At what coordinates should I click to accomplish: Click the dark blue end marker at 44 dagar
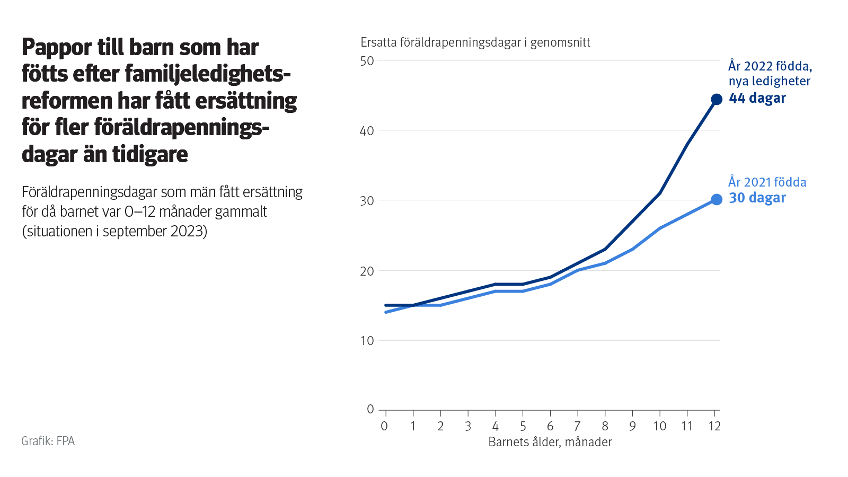(x=717, y=99)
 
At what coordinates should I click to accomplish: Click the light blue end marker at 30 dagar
(x=717, y=199)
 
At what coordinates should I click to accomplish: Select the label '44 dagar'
(x=757, y=98)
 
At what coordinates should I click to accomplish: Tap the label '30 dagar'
(x=757, y=198)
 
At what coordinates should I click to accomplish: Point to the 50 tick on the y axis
(x=367, y=61)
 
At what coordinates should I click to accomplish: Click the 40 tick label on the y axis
(x=367, y=131)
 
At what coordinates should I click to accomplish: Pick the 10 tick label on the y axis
(x=367, y=341)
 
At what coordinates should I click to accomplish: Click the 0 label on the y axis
(x=370, y=409)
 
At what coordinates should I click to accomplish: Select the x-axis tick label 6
(x=550, y=426)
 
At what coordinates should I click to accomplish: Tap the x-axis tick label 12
(x=714, y=426)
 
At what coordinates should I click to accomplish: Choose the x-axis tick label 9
(x=632, y=426)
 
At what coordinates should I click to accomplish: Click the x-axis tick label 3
(x=468, y=426)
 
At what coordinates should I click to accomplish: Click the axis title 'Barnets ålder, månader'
(x=550, y=442)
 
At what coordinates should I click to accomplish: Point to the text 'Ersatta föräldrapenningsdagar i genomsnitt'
(x=475, y=42)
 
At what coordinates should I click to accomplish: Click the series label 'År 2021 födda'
(x=767, y=182)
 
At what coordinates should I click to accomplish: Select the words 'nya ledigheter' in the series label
(x=769, y=81)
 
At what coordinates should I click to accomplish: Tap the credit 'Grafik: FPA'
(x=48, y=441)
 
